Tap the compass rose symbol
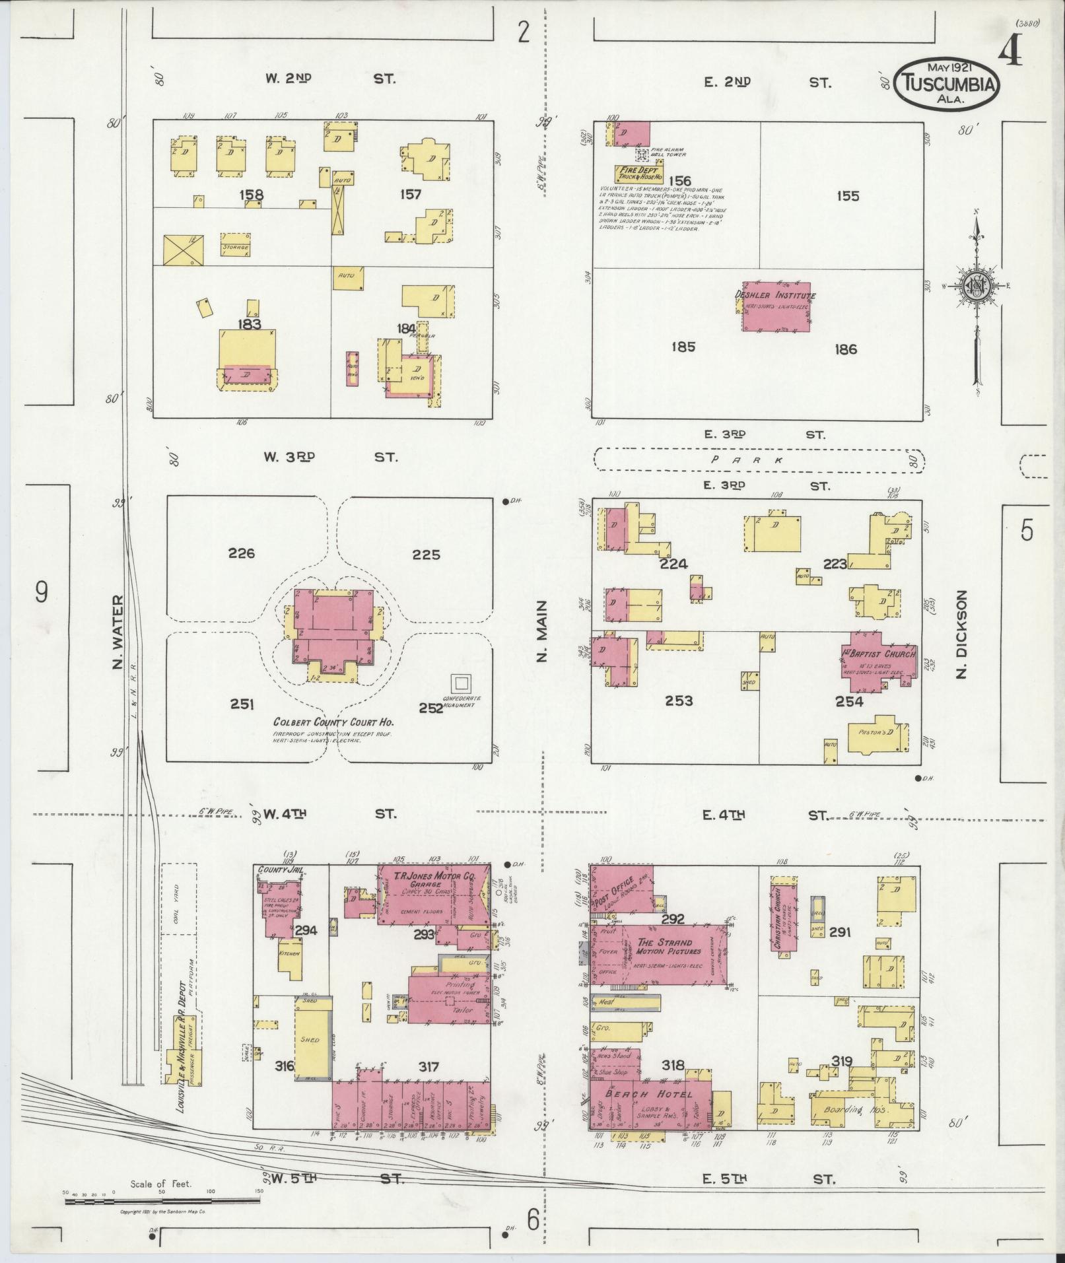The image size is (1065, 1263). (x=975, y=285)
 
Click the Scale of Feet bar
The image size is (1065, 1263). (x=162, y=1202)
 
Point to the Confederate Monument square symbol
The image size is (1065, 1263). (x=460, y=683)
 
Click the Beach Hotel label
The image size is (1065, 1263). (x=649, y=1094)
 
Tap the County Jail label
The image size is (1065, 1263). (x=280, y=870)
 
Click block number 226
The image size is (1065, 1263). (x=241, y=553)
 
